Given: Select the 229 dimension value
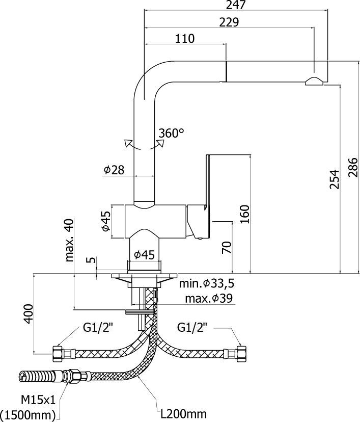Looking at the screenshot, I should [x=229, y=22].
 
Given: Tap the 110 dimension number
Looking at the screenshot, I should [x=185, y=38].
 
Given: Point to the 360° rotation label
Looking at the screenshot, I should [x=171, y=133].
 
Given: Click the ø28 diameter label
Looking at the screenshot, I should [x=114, y=170].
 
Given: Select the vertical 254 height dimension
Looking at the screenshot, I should [x=334, y=179].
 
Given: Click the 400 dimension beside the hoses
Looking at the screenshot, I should [x=29, y=313].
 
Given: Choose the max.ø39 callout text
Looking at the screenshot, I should [x=209, y=298].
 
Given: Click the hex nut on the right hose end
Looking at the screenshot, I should [x=240, y=352].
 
